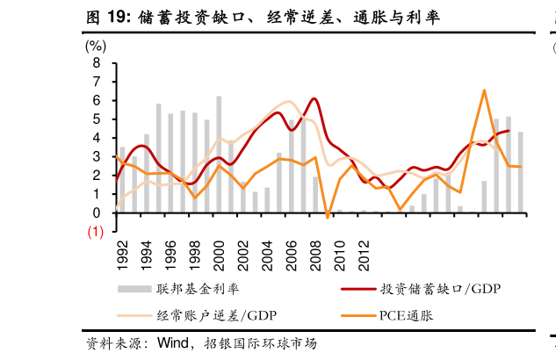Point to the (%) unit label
97,47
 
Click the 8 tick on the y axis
96,63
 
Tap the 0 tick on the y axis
96,212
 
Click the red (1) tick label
94,232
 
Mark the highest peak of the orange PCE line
484,90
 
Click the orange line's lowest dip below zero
327,217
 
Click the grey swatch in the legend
133,288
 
